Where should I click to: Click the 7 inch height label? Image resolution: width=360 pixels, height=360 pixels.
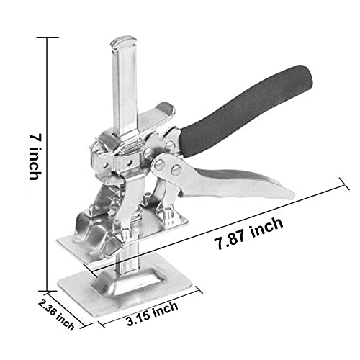(35, 156)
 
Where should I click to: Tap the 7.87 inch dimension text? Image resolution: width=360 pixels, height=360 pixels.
(248, 233)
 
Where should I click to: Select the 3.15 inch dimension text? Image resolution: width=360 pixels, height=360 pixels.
(152, 314)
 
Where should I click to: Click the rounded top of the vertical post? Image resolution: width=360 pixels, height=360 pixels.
(123, 41)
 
